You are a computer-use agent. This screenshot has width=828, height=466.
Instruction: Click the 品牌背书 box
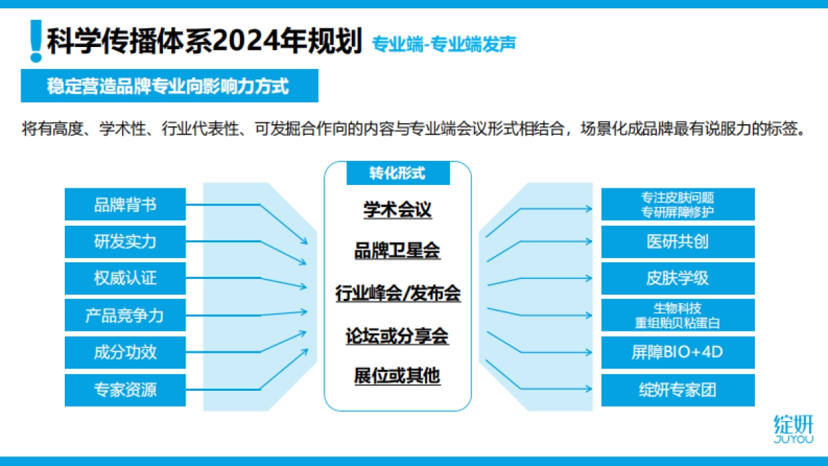[x=125, y=204]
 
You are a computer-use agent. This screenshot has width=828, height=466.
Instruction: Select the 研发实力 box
[x=125, y=242]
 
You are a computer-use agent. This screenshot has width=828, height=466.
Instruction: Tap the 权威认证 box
[x=125, y=278]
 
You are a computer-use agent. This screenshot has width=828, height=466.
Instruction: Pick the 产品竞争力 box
[x=125, y=315]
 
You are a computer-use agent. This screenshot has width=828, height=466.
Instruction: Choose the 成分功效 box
[x=125, y=352]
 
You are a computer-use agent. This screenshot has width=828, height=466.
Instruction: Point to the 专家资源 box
[x=125, y=389]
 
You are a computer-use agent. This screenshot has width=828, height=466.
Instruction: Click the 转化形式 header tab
[x=397, y=173]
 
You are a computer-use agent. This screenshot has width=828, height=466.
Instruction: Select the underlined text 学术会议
[x=397, y=209]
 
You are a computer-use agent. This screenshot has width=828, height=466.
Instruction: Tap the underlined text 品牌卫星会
[x=397, y=251]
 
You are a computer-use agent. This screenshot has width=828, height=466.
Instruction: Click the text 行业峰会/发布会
[x=397, y=293]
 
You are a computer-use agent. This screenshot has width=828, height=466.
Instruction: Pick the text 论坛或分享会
[x=397, y=336]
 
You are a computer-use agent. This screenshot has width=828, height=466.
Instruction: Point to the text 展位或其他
[x=397, y=376]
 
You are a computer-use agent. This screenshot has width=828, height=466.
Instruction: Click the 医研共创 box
[x=678, y=242]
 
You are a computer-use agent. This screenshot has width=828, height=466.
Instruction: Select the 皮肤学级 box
[x=678, y=278]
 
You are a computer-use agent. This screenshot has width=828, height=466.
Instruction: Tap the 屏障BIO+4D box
[x=678, y=352]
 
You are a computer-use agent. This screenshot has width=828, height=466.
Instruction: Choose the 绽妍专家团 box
[x=678, y=389]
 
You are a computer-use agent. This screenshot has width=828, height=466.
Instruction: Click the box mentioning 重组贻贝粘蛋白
[x=678, y=315]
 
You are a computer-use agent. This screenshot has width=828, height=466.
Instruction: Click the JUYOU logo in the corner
[x=793, y=429]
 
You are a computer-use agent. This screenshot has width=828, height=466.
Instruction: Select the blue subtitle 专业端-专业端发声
[x=444, y=43]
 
